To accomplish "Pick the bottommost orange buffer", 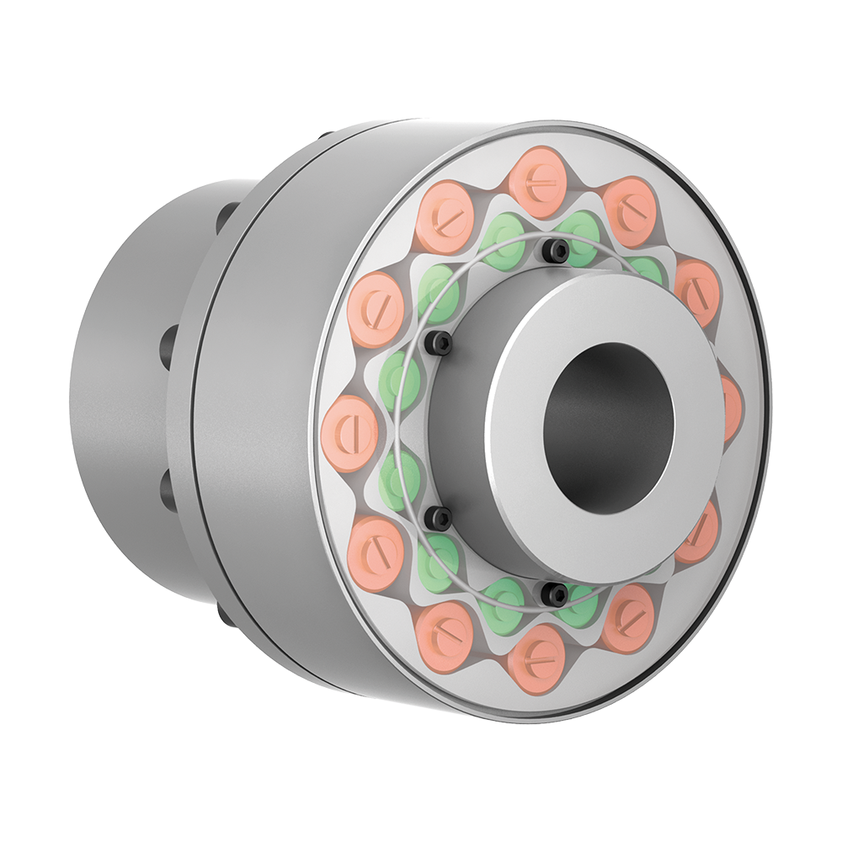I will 536,658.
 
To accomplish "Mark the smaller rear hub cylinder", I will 126,379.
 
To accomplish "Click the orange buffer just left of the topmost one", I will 445,216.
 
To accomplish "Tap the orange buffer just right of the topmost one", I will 630,210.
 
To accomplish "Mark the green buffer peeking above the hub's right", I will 647,269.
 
